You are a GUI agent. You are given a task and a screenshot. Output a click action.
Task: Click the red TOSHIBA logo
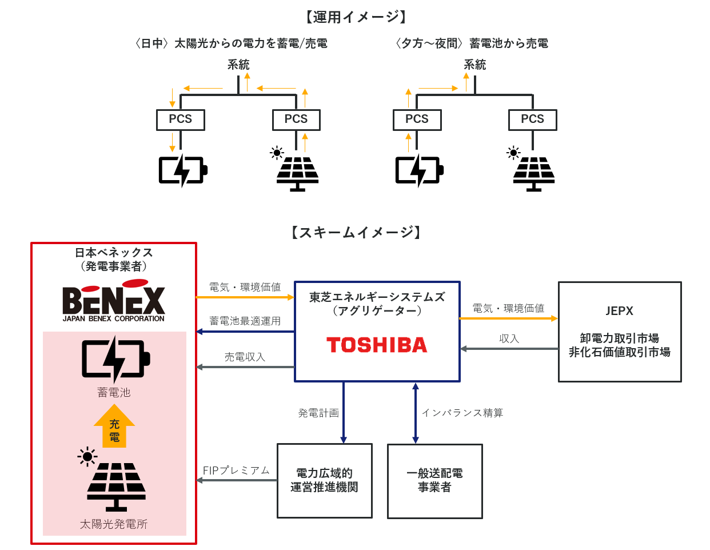point(376,345)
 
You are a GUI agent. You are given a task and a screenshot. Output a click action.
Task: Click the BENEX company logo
point(114,300)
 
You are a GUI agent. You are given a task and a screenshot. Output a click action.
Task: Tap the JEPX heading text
point(619,311)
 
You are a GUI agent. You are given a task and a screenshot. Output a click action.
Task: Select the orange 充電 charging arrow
point(114,426)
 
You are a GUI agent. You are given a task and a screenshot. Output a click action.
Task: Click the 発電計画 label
point(318,413)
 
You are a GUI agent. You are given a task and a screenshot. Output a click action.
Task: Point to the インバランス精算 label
point(462,413)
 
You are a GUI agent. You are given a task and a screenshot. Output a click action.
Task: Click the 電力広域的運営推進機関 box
point(325,480)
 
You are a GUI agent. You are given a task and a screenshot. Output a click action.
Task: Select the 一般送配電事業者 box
point(434,481)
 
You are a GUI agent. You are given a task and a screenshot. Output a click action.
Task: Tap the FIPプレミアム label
point(236,471)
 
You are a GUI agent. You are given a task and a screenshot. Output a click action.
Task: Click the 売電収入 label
point(245,357)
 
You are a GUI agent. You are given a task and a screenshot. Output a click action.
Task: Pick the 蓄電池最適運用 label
point(245,321)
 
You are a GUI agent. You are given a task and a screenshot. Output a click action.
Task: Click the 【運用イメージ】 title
point(356,17)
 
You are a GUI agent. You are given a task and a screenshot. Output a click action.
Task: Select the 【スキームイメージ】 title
point(356,232)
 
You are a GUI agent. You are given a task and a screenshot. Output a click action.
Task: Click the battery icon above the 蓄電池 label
point(115,359)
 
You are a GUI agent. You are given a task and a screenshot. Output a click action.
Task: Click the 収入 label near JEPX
point(509,338)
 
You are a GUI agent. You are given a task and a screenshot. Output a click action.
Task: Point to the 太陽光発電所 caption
point(114,524)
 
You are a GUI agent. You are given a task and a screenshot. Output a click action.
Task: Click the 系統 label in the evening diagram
point(474,65)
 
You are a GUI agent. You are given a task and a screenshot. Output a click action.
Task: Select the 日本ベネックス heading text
point(114,253)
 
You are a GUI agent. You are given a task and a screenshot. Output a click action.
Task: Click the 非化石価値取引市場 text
point(620,352)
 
